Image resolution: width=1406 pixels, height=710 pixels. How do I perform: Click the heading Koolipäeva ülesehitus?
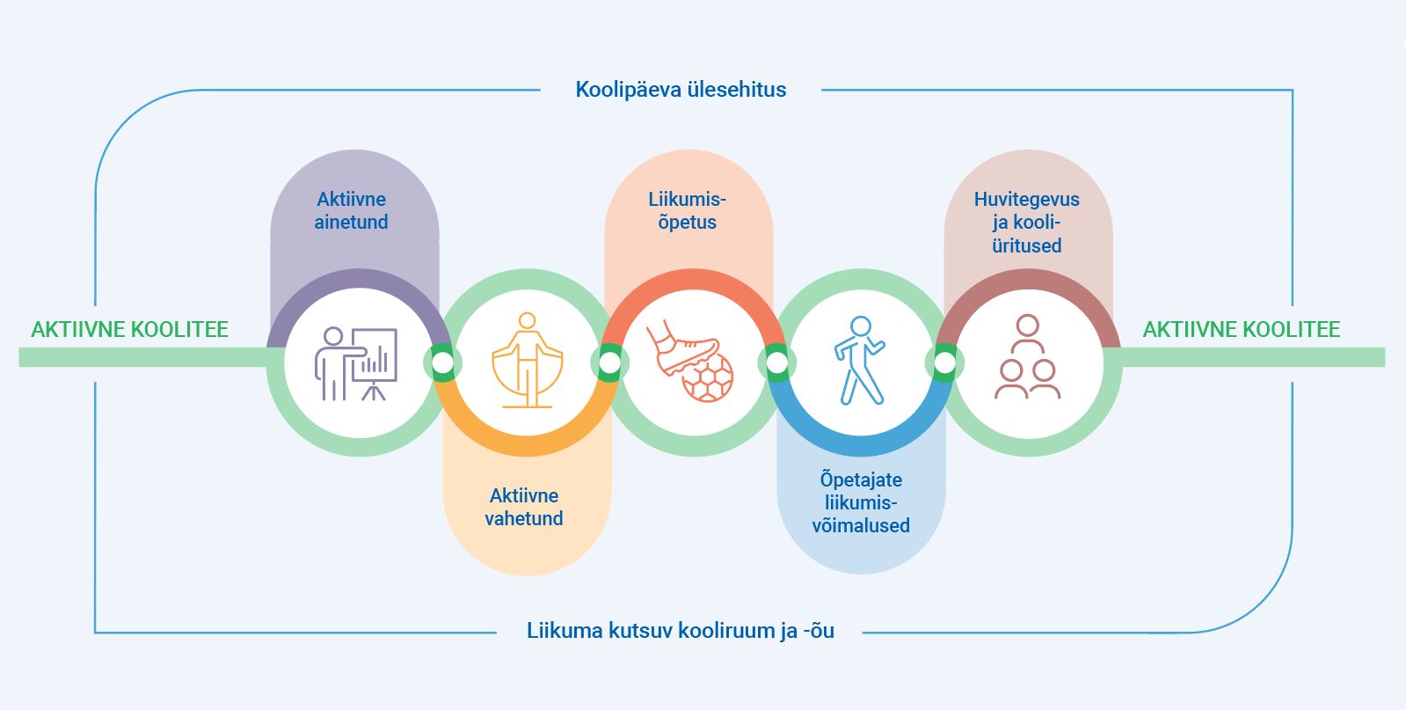click(x=681, y=90)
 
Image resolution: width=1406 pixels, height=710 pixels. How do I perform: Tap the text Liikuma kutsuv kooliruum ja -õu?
click(x=680, y=631)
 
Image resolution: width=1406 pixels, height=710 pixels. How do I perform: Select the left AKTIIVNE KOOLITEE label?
click(x=130, y=330)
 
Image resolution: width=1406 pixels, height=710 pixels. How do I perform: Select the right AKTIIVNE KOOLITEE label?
click(x=1241, y=330)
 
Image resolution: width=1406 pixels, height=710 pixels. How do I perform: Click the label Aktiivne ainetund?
click(x=352, y=211)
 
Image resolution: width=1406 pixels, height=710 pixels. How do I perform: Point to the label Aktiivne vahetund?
click(x=524, y=508)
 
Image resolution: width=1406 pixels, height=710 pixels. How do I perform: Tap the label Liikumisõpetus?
click(x=688, y=211)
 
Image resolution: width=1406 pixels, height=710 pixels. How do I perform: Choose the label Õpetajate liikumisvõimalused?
click(x=861, y=503)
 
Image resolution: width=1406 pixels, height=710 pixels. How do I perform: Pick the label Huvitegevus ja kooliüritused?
click(x=1026, y=223)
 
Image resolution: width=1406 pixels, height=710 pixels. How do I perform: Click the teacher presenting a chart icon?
click(x=356, y=363)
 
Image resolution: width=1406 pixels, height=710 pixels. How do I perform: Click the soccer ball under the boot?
click(x=708, y=378)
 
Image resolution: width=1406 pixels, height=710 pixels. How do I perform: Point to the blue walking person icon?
click(x=859, y=361)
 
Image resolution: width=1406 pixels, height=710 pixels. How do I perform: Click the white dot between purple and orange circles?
click(x=443, y=362)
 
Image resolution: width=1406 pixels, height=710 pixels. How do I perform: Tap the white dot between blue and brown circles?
click(x=944, y=362)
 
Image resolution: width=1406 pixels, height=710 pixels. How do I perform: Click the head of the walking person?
click(x=862, y=327)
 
